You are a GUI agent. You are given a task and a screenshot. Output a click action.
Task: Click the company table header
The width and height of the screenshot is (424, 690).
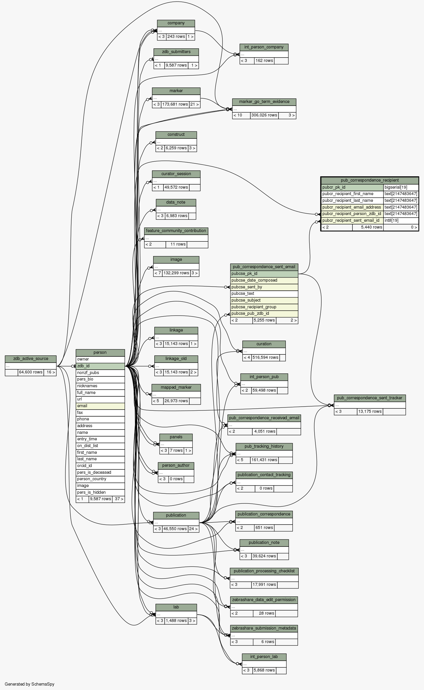[176, 23]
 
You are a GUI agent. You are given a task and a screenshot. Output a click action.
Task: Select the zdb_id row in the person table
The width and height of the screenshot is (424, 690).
[100, 366]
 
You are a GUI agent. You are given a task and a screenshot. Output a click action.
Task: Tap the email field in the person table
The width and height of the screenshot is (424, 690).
[100, 406]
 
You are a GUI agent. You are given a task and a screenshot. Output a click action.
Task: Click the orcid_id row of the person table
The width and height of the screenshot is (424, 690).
[100, 466]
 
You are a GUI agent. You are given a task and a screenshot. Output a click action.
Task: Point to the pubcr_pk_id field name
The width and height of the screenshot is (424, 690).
[352, 187]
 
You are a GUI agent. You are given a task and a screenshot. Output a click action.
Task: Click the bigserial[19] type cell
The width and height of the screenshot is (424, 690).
[401, 187]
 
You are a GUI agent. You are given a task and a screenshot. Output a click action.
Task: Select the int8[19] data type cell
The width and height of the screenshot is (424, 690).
[401, 220]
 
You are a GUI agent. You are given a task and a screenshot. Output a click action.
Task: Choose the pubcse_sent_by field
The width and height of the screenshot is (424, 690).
[264, 287]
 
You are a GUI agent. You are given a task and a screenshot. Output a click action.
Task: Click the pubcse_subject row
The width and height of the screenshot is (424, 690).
[264, 300]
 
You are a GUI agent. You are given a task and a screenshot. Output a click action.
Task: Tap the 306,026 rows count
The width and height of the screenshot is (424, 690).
[264, 115]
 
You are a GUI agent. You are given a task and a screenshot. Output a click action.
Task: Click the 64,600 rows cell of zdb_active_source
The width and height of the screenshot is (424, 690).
[31, 372]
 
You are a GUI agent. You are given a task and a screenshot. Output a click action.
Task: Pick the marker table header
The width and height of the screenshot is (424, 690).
[176, 91]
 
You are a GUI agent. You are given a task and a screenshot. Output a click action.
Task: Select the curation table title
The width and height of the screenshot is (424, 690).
[264, 344]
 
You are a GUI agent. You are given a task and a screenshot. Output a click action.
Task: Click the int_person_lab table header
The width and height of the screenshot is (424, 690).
[264, 657]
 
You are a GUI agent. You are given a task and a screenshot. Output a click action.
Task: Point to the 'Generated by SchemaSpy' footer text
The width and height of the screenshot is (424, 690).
[29, 684]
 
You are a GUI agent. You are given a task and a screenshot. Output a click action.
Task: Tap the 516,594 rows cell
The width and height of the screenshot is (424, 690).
[265, 357]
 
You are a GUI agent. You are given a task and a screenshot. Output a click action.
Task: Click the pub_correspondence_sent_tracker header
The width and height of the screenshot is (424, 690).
[369, 398]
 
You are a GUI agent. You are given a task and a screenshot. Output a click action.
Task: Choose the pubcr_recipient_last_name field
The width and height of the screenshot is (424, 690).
[352, 200]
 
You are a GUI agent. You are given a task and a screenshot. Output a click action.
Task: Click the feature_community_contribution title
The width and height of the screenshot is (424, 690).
[176, 231]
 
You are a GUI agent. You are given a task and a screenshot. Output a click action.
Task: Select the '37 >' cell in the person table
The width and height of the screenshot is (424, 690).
[119, 499]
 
